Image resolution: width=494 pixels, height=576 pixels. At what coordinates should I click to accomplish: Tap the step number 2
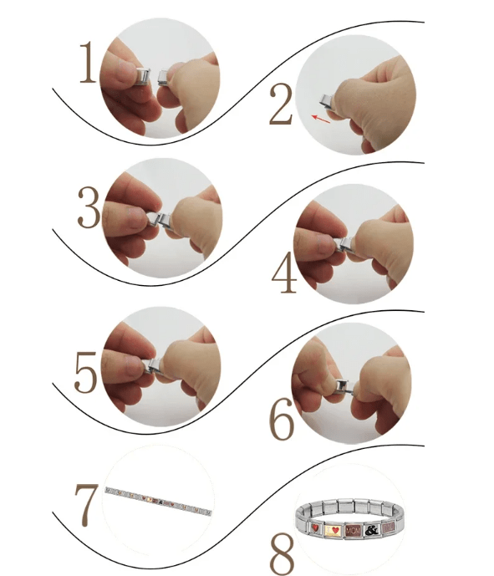pos(281,107)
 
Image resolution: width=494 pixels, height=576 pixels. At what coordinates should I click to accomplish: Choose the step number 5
pos(86,372)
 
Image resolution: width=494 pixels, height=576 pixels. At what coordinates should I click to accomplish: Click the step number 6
pos(282,421)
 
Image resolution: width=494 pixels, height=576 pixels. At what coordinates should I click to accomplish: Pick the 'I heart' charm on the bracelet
pos(333,528)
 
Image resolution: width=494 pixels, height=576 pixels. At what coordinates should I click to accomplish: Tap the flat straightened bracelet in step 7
pos(159,502)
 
